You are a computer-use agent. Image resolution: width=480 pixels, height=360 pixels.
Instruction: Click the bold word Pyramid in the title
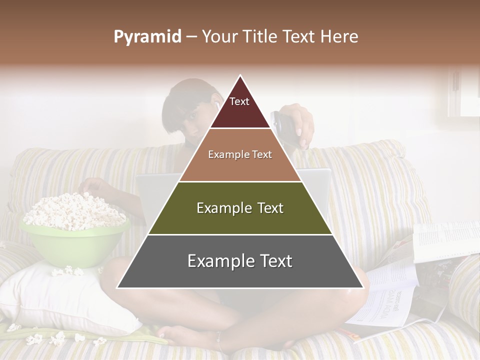147,37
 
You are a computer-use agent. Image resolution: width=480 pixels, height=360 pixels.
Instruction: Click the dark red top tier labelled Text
239,108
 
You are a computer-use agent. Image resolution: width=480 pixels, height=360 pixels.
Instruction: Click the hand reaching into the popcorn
95,187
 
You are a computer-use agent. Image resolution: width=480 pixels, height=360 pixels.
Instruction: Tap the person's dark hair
185,95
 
